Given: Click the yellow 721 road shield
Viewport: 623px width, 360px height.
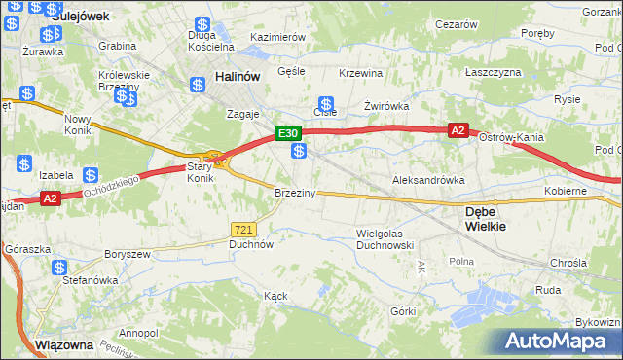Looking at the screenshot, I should pos(243,229).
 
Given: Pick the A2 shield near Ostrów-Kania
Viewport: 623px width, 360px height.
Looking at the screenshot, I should pos(458,129).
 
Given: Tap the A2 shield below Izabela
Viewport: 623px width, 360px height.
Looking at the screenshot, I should pos(52,198).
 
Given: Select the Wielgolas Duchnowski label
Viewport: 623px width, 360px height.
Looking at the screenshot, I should pos(385,239).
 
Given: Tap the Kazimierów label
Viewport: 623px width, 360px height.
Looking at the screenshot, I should pos(278,37).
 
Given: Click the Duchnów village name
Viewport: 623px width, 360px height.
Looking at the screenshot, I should pos(250,245).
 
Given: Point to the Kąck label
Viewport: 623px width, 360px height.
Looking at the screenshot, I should pos(275,295).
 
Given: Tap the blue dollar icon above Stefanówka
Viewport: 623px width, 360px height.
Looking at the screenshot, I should pos(60,268).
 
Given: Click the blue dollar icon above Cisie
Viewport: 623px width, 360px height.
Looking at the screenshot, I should pos(327,104).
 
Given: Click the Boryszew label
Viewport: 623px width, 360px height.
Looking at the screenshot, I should pos(128,254).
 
